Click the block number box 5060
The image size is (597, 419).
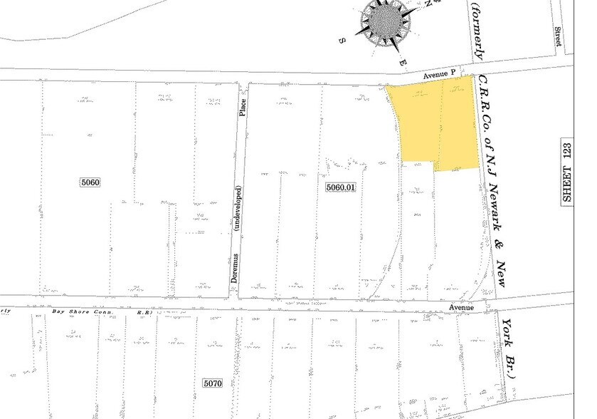click(x=90, y=182)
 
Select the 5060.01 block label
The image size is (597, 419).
click(x=339, y=187)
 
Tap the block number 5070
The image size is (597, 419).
click(x=212, y=383)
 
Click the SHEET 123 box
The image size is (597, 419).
click(x=567, y=171)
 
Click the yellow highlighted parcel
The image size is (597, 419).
click(x=434, y=125)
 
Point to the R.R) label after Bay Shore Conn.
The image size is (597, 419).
click(x=145, y=312)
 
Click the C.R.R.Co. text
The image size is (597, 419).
click(x=483, y=100)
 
